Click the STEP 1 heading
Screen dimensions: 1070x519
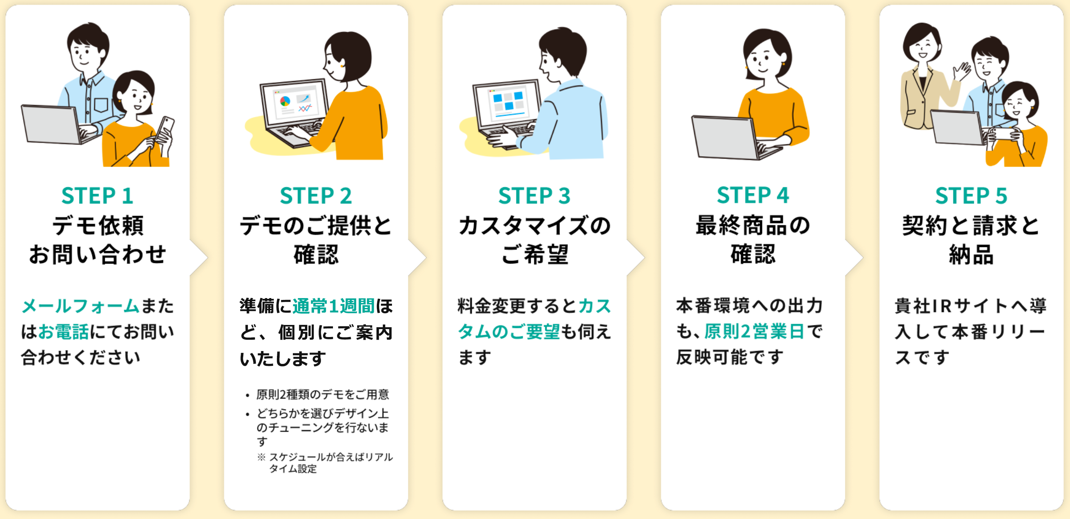97,196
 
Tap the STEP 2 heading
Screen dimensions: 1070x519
316,196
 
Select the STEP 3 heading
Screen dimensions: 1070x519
534,196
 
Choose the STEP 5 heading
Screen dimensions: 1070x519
971,196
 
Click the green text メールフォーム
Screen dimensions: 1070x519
81,306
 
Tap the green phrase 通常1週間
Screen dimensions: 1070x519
334,306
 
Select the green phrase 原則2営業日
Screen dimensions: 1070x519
754,331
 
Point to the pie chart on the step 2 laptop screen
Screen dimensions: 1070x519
285,101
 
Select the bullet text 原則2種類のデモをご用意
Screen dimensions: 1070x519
322,394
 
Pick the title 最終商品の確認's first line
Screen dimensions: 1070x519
753,225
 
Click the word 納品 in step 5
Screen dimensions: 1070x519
971,254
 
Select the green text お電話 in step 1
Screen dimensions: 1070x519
64,332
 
